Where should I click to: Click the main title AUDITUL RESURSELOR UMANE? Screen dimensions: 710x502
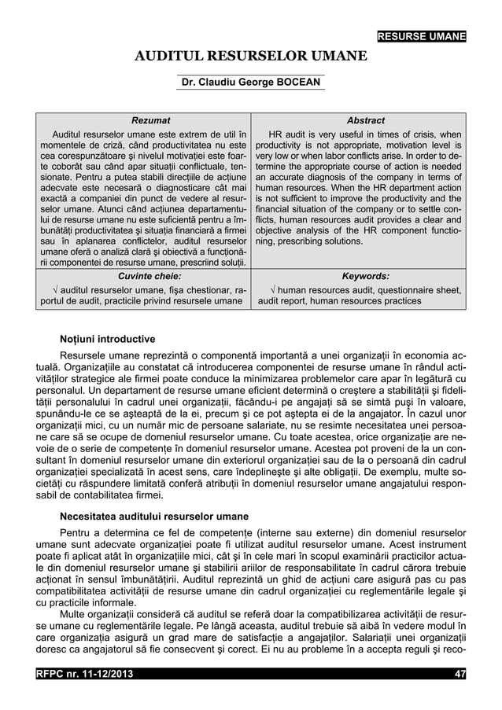coord(250,57)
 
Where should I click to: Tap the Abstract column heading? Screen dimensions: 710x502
coord(365,120)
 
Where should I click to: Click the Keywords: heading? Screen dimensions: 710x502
coord(365,277)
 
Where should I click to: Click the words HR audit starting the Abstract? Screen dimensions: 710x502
coord(290,134)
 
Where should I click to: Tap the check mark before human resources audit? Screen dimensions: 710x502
coord(272,290)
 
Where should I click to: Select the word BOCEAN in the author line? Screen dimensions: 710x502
coord(295,83)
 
